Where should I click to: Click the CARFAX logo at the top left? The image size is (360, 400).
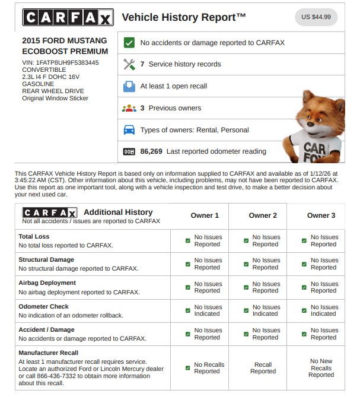click(67, 17)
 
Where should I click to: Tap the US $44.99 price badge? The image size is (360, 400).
click(316, 17)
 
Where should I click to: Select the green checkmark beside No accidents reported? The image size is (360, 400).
click(129, 43)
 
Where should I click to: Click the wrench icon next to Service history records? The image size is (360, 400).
click(129, 64)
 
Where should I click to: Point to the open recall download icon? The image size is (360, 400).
click(129, 86)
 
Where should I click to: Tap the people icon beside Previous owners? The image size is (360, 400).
click(129, 108)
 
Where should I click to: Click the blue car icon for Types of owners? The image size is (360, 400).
click(129, 130)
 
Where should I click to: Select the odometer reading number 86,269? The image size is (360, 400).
click(151, 151)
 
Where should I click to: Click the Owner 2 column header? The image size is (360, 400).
click(263, 215)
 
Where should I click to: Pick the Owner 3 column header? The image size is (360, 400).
click(321, 215)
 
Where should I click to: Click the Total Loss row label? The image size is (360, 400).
click(34, 236)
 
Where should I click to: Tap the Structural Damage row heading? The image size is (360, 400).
click(46, 259)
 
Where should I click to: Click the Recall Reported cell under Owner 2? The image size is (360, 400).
click(263, 368)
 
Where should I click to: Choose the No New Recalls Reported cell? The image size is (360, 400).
click(321, 368)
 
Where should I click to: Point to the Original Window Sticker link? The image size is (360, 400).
click(55, 98)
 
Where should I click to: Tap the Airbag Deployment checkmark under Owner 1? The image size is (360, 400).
click(187, 288)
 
